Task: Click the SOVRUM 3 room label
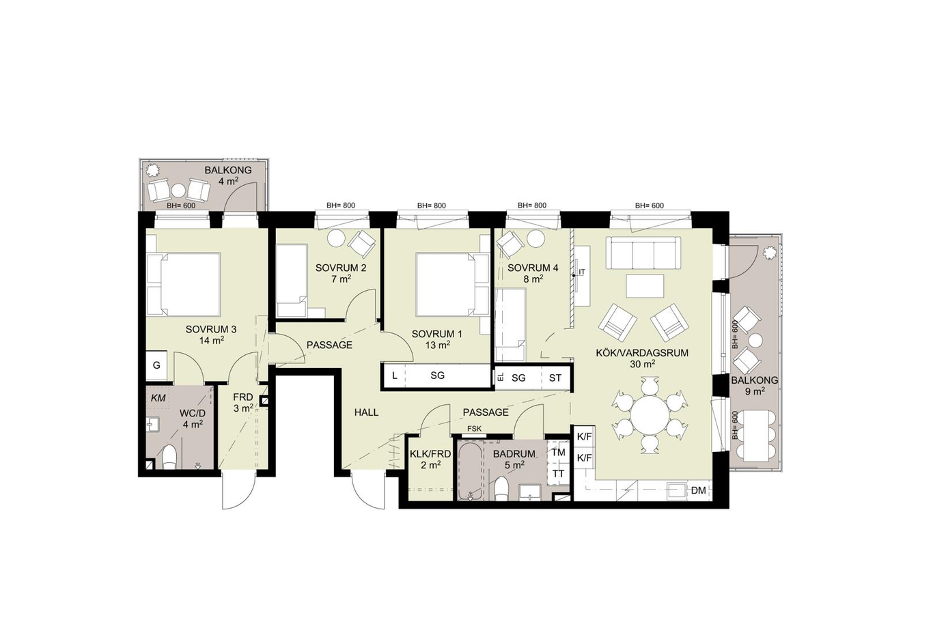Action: tap(211, 329)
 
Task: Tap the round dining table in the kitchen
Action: tap(650, 415)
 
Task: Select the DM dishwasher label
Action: tap(699, 490)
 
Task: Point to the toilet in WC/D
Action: tap(169, 457)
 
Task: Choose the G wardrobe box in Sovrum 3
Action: tap(156, 365)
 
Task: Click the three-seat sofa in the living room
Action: tap(643, 253)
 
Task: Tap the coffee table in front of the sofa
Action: tap(645, 285)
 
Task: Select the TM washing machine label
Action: tap(558, 452)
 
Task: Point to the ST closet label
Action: tap(555, 378)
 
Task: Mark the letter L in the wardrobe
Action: tap(395, 376)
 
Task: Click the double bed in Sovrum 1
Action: tap(452, 285)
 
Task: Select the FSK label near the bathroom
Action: tap(474, 428)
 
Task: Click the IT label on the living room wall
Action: tap(582, 272)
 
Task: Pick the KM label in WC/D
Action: tap(158, 398)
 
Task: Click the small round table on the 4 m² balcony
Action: tap(179, 190)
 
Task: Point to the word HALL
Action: tap(367, 412)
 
